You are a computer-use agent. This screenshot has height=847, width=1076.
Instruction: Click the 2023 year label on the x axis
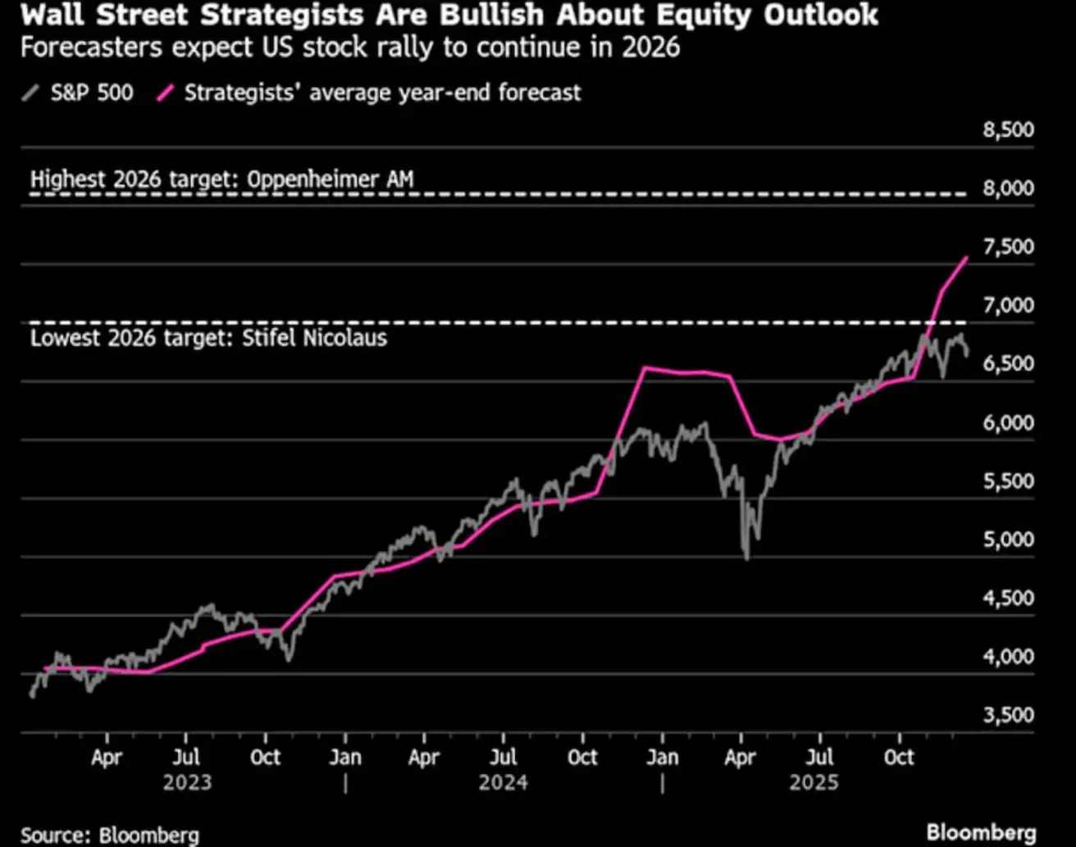(x=187, y=783)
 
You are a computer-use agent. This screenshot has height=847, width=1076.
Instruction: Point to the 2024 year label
(x=503, y=783)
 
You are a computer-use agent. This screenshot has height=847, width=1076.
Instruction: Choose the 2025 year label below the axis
(x=814, y=783)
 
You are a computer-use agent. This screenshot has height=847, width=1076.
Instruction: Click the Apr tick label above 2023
(x=107, y=756)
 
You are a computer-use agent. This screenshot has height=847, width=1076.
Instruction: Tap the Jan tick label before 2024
(x=345, y=756)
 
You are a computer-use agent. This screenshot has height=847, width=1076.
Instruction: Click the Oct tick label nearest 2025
(x=899, y=756)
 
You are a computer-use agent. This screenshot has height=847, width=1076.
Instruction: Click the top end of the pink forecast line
(x=968, y=257)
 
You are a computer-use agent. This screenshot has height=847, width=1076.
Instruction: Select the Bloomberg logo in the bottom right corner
(x=982, y=833)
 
